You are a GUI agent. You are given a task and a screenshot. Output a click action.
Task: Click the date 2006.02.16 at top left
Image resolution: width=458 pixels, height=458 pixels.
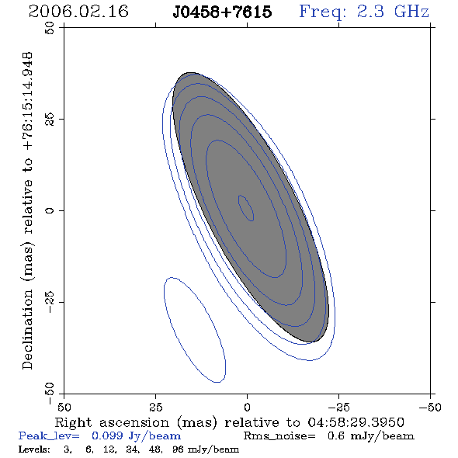(x=78, y=12)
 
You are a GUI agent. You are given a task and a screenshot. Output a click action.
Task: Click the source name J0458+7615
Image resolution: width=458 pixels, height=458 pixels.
(x=222, y=12)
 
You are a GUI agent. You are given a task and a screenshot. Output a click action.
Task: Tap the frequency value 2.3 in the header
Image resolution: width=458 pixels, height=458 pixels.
(x=370, y=12)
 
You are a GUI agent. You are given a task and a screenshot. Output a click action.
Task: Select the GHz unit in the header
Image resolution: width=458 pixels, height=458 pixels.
(x=412, y=12)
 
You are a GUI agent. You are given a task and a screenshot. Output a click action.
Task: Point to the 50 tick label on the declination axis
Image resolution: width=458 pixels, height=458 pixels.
(x=50, y=28)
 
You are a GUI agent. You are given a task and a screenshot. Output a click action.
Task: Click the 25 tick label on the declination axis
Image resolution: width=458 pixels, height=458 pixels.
(x=50, y=120)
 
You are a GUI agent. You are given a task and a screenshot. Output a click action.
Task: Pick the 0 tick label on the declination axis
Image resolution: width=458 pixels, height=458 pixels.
(x=50, y=210)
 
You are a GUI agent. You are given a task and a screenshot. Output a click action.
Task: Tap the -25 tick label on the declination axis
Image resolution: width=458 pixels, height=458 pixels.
(x=50, y=302)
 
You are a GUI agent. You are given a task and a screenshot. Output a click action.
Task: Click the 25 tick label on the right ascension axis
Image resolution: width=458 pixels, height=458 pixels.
(x=156, y=408)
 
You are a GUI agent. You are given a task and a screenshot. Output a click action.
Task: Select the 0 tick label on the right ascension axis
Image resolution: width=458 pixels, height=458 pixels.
(x=247, y=408)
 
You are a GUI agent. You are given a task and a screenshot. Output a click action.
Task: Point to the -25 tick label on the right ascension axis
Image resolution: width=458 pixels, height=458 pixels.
(x=338, y=408)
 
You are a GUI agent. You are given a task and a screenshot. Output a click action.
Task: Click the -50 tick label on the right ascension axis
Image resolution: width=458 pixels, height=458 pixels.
(x=430, y=408)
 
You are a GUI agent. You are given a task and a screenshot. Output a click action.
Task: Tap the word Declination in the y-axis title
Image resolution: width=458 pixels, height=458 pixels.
(x=27, y=329)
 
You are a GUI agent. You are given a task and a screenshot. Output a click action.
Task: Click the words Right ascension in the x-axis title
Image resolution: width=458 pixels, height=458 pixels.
(x=112, y=422)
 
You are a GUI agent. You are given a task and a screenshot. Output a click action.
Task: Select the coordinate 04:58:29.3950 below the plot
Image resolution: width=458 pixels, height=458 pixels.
(x=356, y=422)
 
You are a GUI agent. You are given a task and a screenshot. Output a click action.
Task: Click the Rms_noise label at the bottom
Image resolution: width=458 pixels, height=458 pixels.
(x=279, y=436)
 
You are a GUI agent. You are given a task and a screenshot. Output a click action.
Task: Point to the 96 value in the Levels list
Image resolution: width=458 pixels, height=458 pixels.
(x=178, y=449)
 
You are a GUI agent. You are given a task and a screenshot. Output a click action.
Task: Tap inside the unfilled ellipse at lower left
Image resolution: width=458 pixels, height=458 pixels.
(x=195, y=330)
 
